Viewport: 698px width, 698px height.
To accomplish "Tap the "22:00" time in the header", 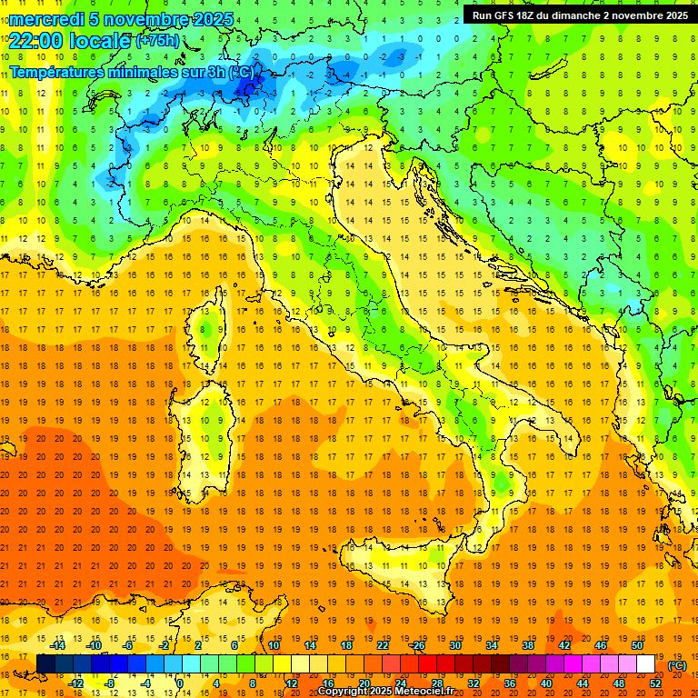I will pyautogui.click(x=33, y=40).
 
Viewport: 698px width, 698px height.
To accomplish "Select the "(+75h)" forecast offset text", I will pyautogui.click(x=157, y=40).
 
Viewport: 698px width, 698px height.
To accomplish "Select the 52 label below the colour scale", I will pyautogui.click(x=655, y=683).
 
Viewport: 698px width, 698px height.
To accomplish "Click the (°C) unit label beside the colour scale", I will pyautogui.click(x=676, y=664).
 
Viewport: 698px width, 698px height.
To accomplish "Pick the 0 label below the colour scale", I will pyautogui.click(x=180, y=683).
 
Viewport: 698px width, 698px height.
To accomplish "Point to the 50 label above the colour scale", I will pyautogui.click(x=637, y=644).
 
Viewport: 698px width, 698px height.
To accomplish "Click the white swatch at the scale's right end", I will pyautogui.click(x=645, y=663).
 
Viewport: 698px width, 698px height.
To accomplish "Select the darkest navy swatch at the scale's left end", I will pyautogui.click(x=45, y=663).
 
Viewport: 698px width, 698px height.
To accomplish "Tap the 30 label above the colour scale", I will pyautogui.click(x=455, y=644).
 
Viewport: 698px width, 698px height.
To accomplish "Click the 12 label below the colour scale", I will pyautogui.click(x=292, y=683).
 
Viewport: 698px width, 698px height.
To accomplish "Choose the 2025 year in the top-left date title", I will pyautogui.click(x=212, y=19).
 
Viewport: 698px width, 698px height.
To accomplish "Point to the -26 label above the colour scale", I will pyautogui.click(x=417, y=644).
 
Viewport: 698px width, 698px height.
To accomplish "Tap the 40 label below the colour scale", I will pyautogui.click(x=546, y=683).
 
